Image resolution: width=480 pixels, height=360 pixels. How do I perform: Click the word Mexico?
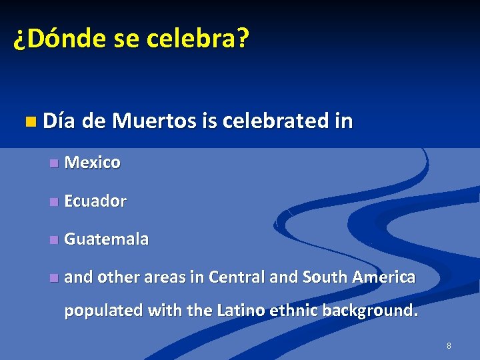(93, 163)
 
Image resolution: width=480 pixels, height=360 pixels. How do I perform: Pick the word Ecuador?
(95, 201)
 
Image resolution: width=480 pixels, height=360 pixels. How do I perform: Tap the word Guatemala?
(107, 239)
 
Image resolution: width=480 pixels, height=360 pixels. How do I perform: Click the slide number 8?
(449, 346)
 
